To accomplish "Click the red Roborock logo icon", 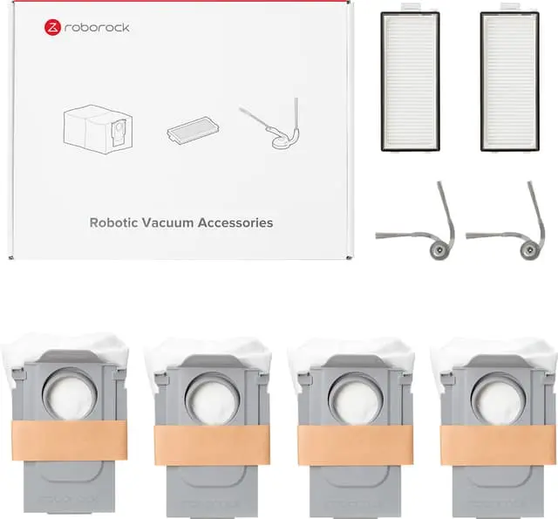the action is [x=52, y=28].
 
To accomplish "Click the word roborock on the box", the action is [x=97, y=28].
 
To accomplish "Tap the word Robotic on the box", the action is [x=113, y=222].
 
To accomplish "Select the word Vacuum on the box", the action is [x=167, y=222].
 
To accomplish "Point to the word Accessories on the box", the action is [x=235, y=222].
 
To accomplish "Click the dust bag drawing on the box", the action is [x=98, y=129].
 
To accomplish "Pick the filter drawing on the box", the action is [x=193, y=129].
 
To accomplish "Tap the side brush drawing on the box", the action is [x=271, y=125].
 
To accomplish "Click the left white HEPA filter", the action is [x=411, y=80].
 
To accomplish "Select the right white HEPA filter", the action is [x=509, y=80].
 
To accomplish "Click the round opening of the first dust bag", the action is [x=70, y=394].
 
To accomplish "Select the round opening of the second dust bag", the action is [x=213, y=399].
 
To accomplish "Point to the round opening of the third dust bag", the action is [x=356, y=399].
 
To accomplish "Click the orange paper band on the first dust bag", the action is [x=70, y=440].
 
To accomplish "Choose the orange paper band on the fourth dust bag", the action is [x=498, y=445].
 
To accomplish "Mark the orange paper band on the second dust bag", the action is [x=212, y=445].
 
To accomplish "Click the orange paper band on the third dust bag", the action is [x=356, y=445].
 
